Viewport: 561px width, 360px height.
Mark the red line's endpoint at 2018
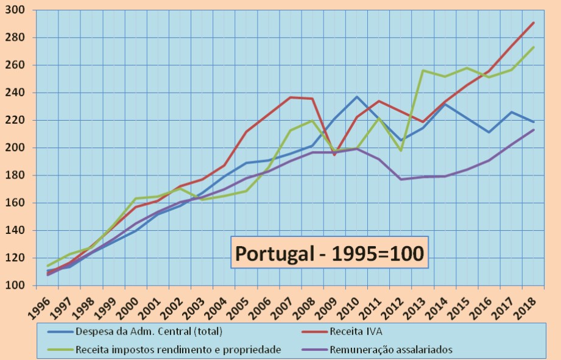[534, 23]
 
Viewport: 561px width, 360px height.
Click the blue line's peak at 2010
[358, 97]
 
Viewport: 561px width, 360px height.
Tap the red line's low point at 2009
[334, 155]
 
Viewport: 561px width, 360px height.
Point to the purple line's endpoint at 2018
[534, 129]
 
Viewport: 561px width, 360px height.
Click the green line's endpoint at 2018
[534, 47]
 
